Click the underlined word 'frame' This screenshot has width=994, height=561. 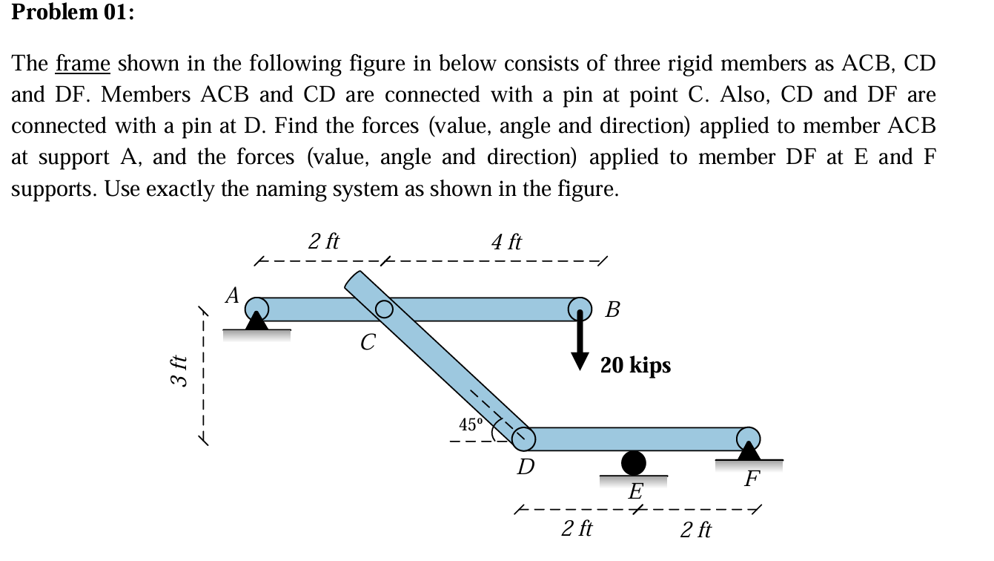(x=83, y=64)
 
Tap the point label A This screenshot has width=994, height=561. (x=232, y=296)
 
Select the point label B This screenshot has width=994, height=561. (x=612, y=309)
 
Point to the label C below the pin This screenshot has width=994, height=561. (x=368, y=343)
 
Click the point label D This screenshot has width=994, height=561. (x=526, y=467)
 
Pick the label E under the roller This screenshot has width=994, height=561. (x=636, y=491)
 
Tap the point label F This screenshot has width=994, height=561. (x=752, y=479)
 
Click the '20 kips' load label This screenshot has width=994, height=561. (x=635, y=365)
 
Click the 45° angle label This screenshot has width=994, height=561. (x=470, y=425)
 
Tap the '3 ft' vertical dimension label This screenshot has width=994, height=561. (x=176, y=372)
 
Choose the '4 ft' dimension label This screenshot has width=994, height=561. (x=506, y=242)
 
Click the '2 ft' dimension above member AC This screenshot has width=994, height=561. (x=324, y=241)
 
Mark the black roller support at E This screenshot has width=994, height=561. (x=633, y=463)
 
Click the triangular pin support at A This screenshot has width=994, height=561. (x=256, y=321)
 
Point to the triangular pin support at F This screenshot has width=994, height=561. (x=749, y=450)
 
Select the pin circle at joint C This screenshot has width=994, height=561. (x=384, y=309)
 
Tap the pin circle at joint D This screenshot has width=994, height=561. (x=523, y=438)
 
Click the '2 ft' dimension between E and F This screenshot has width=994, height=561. (x=696, y=530)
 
